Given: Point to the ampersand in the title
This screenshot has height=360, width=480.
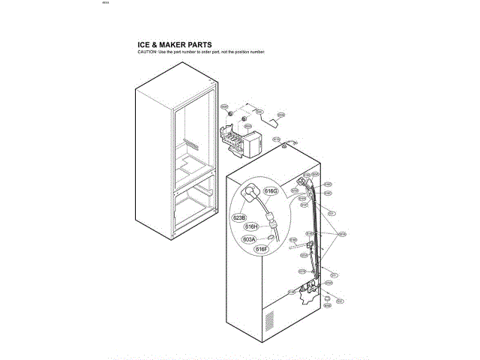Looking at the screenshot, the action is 157,45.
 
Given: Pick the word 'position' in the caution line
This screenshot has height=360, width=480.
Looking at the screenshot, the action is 238,52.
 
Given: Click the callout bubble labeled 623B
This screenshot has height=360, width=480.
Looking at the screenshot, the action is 239,217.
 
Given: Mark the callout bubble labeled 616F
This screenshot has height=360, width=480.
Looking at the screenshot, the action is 262,249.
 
